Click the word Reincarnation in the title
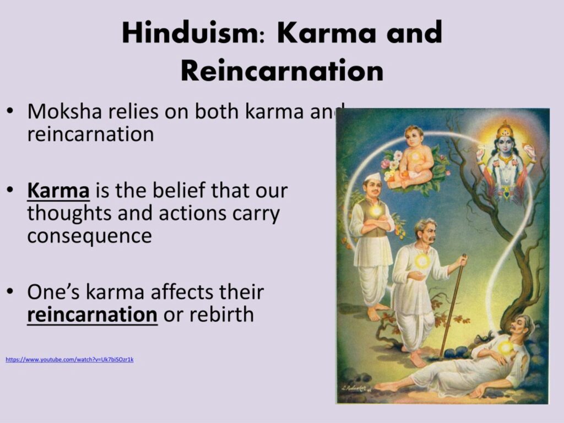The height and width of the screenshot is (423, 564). point(281,70)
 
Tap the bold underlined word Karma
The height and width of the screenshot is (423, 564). point(58,191)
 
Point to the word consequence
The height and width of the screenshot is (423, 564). point(89,235)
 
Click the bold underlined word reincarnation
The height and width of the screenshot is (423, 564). point(92,314)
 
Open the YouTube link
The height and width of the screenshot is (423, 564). point(69,360)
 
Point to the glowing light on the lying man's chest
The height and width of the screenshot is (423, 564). point(505,347)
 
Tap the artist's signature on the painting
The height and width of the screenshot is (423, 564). point(355,389)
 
